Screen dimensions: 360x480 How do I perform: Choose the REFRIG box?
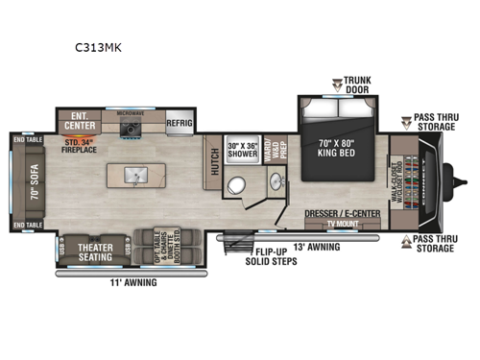(x=180, y=123)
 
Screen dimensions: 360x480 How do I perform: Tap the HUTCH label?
(x=213, y=165)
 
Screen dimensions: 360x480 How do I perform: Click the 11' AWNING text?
(x=133, y=282)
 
